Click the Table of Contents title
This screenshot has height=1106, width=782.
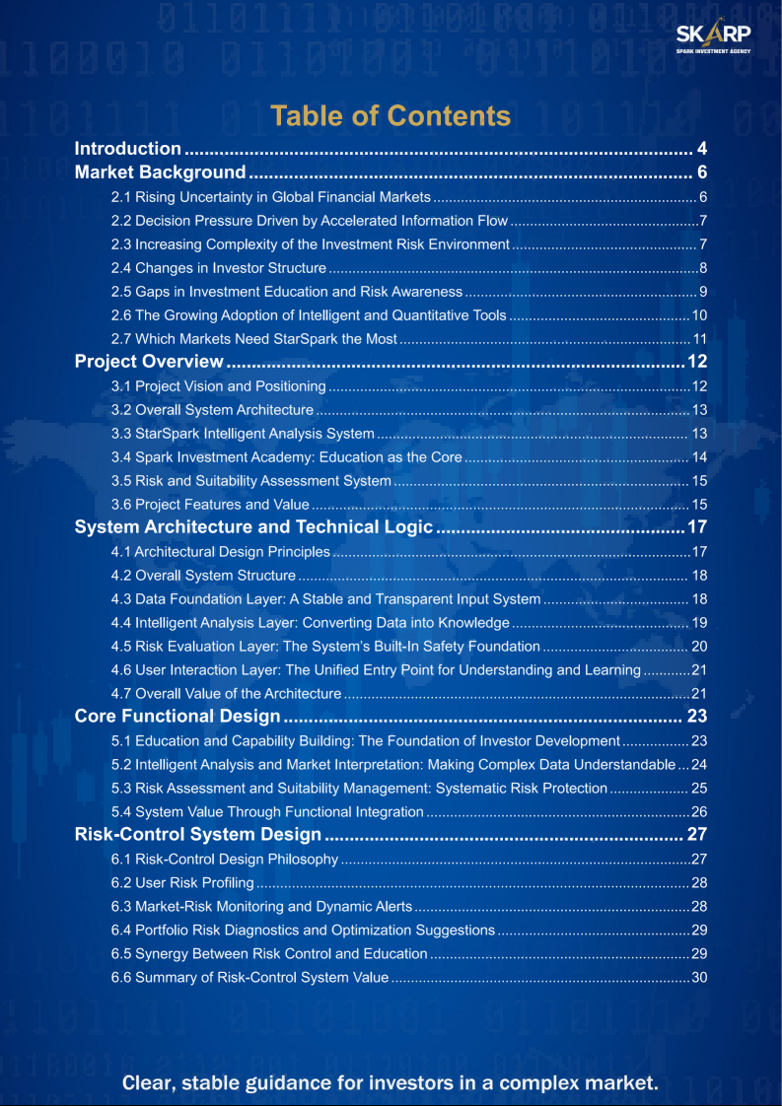coord(391,116)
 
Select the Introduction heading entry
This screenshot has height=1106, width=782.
coord(128,149)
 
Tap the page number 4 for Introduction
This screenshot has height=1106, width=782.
coord(702,149)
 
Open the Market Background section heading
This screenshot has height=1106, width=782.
coord(161,173)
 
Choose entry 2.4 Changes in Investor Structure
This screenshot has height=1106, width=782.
coord(218,268)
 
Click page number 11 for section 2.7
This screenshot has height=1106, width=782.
coord(700,339)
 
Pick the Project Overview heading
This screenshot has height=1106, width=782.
coord(150,362)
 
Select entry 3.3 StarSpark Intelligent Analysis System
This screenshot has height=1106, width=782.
coord(243,434)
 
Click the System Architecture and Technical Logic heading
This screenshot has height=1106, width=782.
coord(253,527)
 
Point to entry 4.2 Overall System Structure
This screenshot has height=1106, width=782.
coord(203,576)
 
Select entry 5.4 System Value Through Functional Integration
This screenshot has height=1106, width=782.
coord(267,812)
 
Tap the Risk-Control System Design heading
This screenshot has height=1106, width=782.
coord(198,835)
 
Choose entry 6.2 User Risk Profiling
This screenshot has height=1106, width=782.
coord(182,883)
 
